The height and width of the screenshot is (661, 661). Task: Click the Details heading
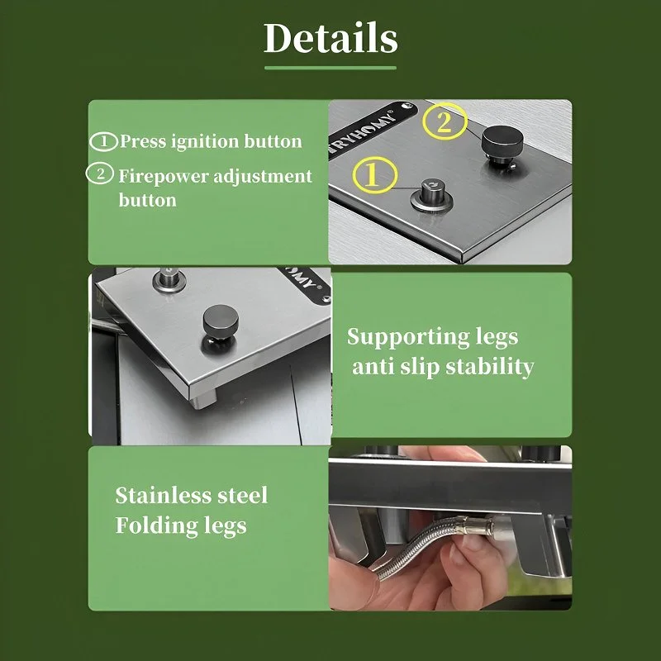[x=330, y=38]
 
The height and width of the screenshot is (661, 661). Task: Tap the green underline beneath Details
[x=330, y=68]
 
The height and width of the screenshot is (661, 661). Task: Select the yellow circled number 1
[x=375, y=175]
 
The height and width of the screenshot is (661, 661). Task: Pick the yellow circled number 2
[x=445, y=121]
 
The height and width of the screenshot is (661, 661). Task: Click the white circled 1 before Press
[x=104, y=141]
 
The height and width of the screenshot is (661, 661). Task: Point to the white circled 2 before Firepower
[x=100, y=174]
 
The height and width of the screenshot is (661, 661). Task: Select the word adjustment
[x=262, y=176]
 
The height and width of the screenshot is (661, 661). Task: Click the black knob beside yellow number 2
[x=502, y=142]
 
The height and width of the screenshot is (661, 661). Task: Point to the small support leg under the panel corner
[x=203, y=398]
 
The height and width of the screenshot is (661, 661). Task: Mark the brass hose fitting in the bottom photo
[x=478, y=525]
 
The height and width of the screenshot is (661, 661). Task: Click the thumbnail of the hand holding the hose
[x=450, y=528]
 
